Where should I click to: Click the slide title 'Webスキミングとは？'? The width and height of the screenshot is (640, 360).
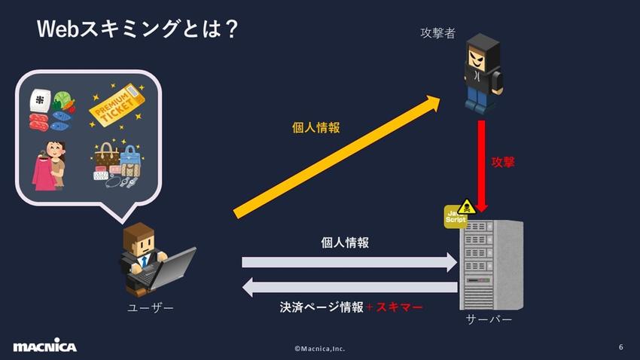(x=137, y=29)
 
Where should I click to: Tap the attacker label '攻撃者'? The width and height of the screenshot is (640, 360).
(x=437, y=33)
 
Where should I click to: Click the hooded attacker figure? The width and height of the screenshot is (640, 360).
(x=483, y=72)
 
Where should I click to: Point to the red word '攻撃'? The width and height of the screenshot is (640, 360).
(x=503, y=162)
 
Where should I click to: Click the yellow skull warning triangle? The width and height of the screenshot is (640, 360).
(x=467, y=207)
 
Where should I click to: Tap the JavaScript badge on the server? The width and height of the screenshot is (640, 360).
(x=455, y=217)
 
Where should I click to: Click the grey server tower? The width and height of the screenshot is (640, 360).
(x=491, y=264)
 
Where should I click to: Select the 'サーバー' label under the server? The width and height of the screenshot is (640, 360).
(x=489, y=319)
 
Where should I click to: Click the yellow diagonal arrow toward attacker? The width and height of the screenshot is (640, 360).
(x=337, y=157)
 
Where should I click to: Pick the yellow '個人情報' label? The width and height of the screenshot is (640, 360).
(x=316, y=128)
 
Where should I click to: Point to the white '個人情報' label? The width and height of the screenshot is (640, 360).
(x=345, y=243)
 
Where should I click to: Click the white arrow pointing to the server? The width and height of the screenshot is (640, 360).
(x=349, y=262)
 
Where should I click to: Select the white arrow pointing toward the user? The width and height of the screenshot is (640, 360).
(x=349, y=287)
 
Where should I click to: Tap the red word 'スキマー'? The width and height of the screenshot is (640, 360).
(x=399, y=307)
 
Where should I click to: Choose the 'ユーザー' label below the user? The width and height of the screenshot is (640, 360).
(x=151, y=307)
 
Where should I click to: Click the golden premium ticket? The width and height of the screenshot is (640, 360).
(x=117, y=105)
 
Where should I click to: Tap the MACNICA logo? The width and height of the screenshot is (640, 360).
(x=45, y=345)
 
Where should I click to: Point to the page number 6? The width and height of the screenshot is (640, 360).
(x=621, y=347)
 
